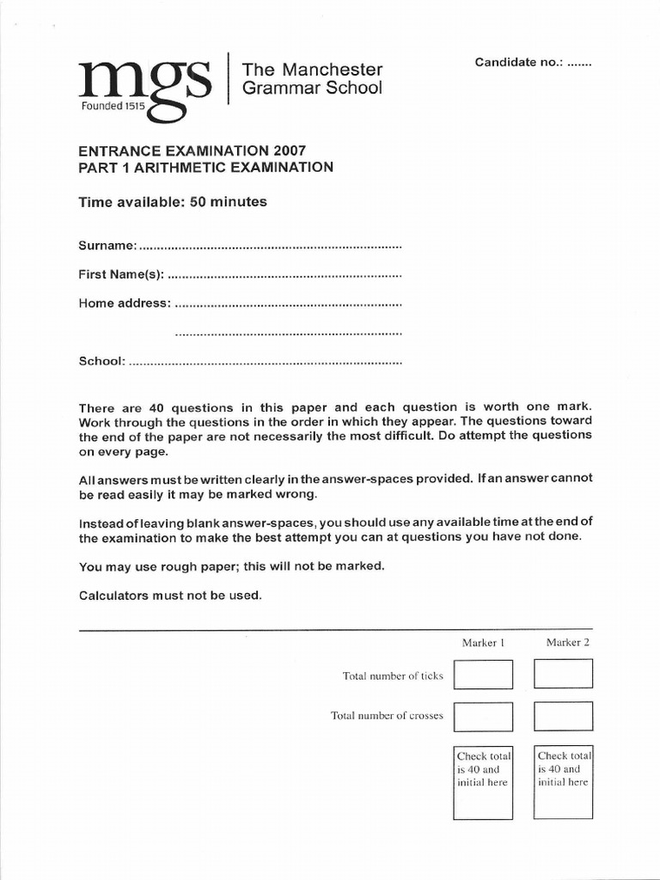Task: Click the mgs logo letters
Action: pos(144,82)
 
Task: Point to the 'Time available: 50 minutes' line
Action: pos(173,202)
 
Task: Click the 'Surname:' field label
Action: pos(107,246)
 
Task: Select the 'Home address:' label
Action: pos(125,303)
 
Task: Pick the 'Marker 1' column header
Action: pos(483,642)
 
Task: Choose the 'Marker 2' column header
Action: pos(567,642)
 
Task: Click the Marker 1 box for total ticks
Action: pos(483,675)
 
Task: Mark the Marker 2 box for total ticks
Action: pos(563,675)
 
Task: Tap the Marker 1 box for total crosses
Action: pos(483,716)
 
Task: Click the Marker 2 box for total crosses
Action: pos(563,716)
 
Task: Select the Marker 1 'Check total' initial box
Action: pos(483,782)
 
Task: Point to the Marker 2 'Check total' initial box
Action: pos(563,782)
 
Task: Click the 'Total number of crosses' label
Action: pos(387,715)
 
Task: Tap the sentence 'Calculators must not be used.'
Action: pos(170,596)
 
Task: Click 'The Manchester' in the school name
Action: pos(312,70)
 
